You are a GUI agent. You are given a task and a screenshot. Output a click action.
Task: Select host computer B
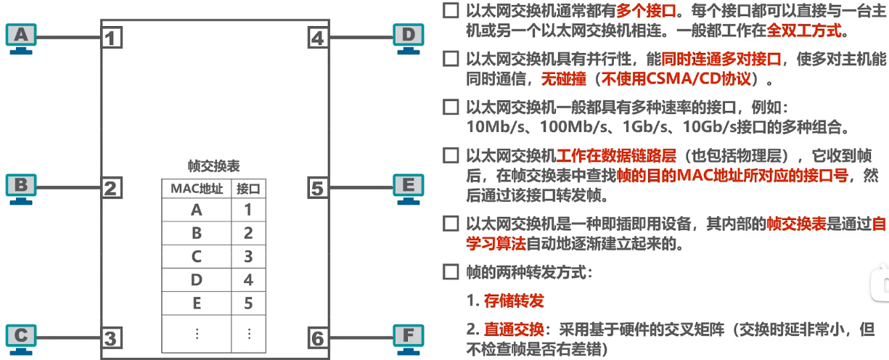tap(21, 187)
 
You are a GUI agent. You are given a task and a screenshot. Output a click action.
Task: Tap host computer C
tap(21, 337)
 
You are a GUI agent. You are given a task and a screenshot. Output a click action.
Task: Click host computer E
tap(409, 187)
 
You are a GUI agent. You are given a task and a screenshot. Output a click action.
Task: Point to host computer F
tap(409, 337)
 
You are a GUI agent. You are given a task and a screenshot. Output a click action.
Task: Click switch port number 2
tap(111, 189)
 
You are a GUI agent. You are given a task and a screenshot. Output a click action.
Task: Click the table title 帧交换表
tap(214, 166)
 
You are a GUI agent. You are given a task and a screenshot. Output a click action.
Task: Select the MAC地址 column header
tap(196, 189)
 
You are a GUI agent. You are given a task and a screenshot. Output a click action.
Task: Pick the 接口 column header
tap(248, 189)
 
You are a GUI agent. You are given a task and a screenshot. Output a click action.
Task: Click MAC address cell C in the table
tap(196, 256)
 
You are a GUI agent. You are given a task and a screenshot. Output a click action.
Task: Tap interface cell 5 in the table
tap(248, 303)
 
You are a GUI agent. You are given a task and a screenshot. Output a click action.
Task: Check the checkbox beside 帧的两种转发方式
tap(450, 274)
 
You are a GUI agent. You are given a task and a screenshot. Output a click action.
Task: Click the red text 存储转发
tap(514, 300)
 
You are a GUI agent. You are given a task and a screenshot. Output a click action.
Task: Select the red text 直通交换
tap(514, 328)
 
